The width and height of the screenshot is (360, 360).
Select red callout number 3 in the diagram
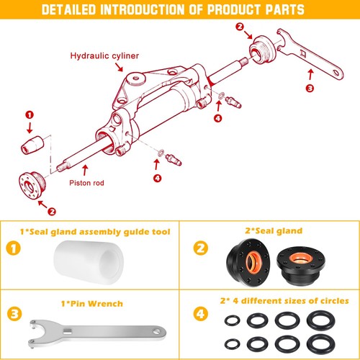tap(310, 89)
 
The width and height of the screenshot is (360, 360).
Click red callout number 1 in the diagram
tap(30, 114)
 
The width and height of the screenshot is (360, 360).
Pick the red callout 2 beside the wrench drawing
tap(239, 27)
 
